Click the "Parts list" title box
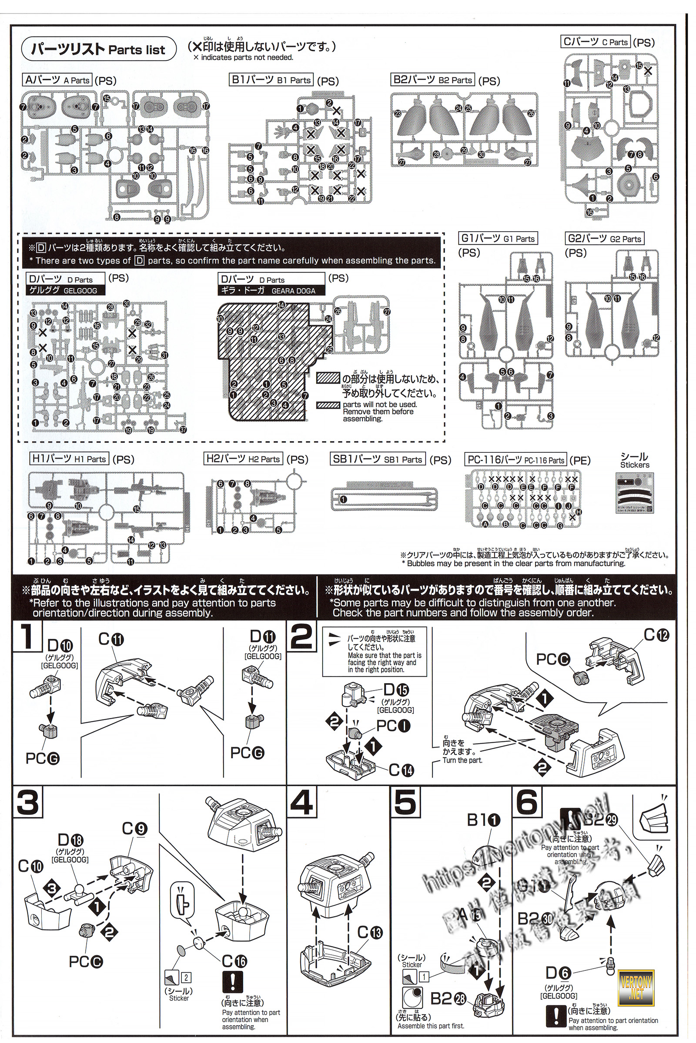pyautogui.click(x=99, y=49)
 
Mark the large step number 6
pyautogui.click(x=527, y=803)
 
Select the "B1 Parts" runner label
pyautogui.click(x=271, y=80)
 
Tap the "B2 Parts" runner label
pyautogui.click(x=433, y=80)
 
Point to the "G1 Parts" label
pyautogui.click(x=498, y=238)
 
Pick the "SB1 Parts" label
pyautogui.click(x=378, y=459)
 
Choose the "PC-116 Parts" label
pyautogui.click(x=516, y=460)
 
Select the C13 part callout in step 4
pyautogui.click(x=369, y=933)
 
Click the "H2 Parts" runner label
pyautogui.click(x=243, y=459)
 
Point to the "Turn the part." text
pyautogui.click(x=462, y=760)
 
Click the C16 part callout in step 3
pyautogui.click(x=234, y=961)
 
